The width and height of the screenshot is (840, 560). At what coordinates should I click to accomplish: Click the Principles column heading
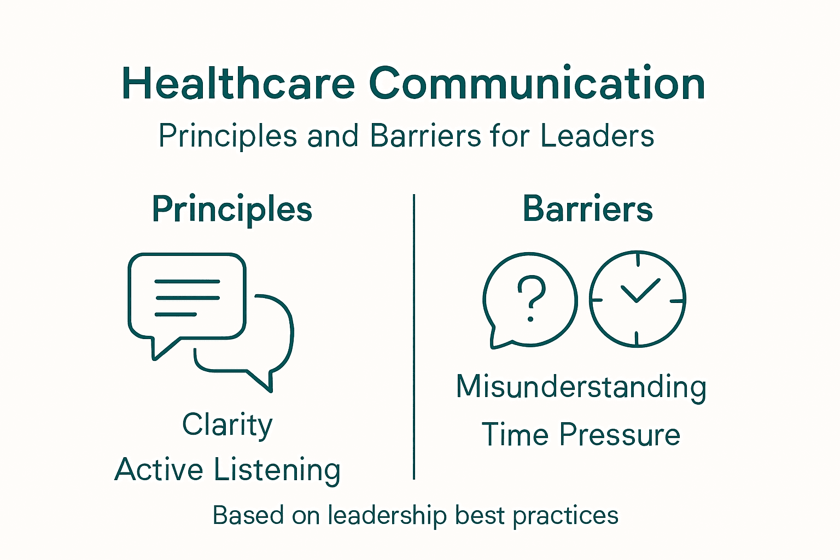232,209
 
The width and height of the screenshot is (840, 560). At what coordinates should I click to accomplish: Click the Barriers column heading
587,209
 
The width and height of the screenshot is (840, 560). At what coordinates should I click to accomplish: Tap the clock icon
637,299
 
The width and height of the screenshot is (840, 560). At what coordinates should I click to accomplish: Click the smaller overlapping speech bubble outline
273,350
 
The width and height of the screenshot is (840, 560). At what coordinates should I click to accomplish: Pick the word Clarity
227,425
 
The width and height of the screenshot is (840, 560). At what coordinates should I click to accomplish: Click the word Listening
277,470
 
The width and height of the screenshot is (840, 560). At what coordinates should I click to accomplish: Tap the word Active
159,470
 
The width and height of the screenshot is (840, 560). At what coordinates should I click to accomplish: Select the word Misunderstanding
581,387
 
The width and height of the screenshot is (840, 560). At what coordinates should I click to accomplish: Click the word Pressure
620,435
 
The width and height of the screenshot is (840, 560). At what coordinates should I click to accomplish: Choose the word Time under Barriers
515,435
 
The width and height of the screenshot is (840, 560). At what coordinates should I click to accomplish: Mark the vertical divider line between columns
414,336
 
